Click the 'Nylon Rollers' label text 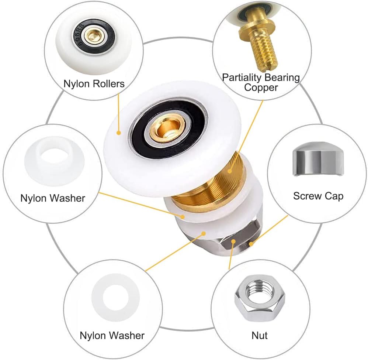click(94, 84)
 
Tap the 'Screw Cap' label click(318, 196)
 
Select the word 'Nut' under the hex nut click(260, 335)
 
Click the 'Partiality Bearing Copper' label click(261, 82)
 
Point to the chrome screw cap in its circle click(318, 159)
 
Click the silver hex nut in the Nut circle click(260, 298)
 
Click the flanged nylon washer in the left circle click(55, 161)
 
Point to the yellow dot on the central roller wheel click(119, 133)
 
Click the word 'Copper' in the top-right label click(261, 88)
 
